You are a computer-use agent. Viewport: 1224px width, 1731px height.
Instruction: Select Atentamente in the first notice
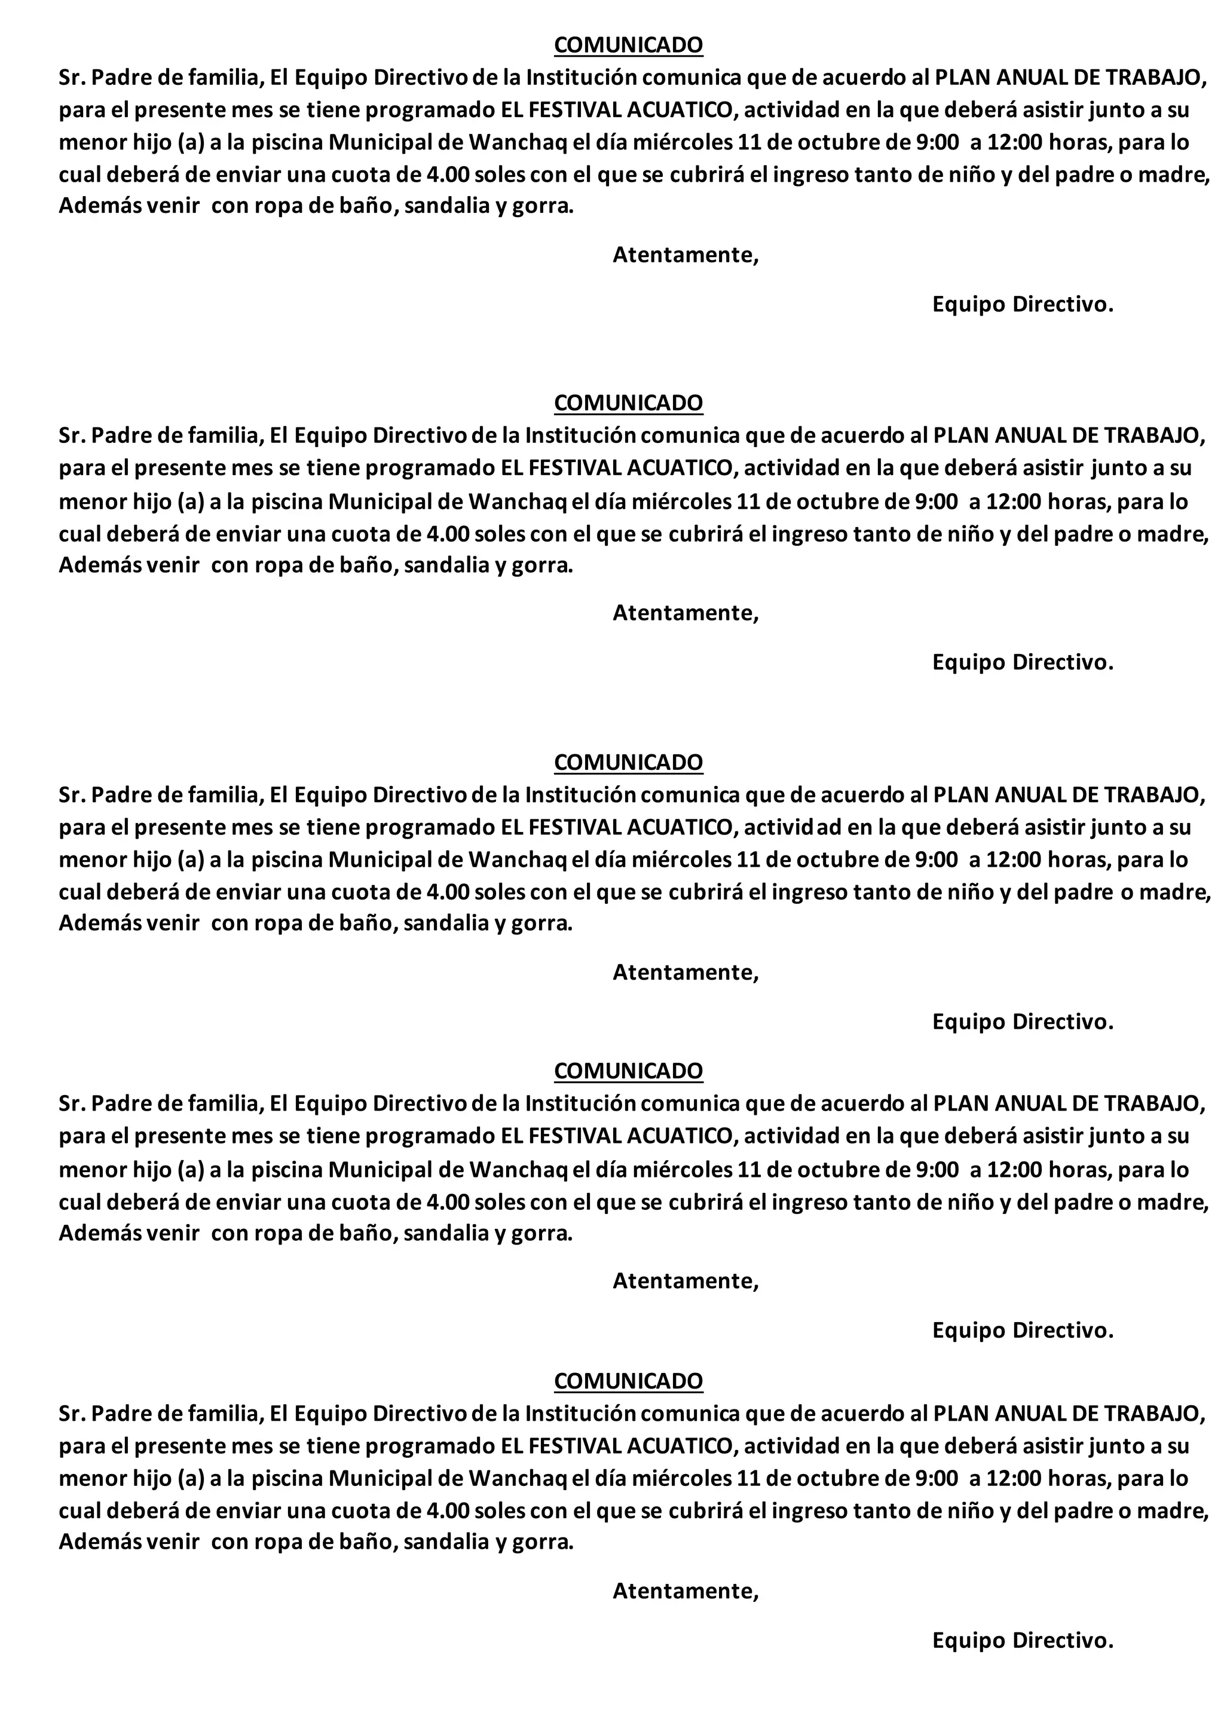pos(685,255)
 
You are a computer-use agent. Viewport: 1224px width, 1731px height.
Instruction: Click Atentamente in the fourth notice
pos(685,1280)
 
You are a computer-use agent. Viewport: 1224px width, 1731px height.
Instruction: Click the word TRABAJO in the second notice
pos(1155,435)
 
